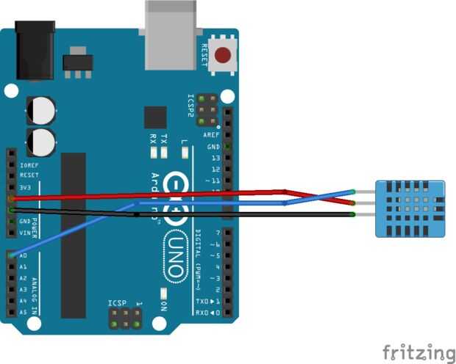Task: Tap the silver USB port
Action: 171,33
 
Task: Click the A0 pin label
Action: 24,255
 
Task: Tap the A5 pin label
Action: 24,312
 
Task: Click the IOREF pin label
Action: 29,165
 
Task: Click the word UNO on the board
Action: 177,258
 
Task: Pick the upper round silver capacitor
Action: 41,110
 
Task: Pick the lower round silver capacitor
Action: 41,139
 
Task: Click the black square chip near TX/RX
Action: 155,117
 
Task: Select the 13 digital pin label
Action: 215,158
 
